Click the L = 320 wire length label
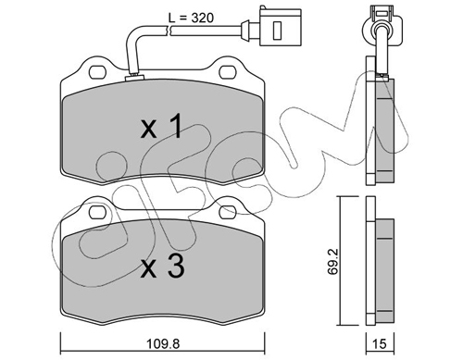point(192,18)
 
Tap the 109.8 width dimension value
point(163,343)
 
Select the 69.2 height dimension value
point(332,262)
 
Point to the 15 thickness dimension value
point(380,344)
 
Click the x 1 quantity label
point(161,127)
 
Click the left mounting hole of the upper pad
point(97,72)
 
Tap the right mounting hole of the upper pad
point(228,72)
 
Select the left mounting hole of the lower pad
point(97,212)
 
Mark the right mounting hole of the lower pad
point(228,212)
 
